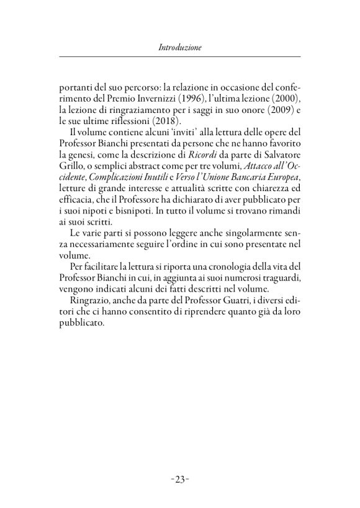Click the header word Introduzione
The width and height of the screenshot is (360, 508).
coord(180,47)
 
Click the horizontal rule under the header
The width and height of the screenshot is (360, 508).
coord(180,56)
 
